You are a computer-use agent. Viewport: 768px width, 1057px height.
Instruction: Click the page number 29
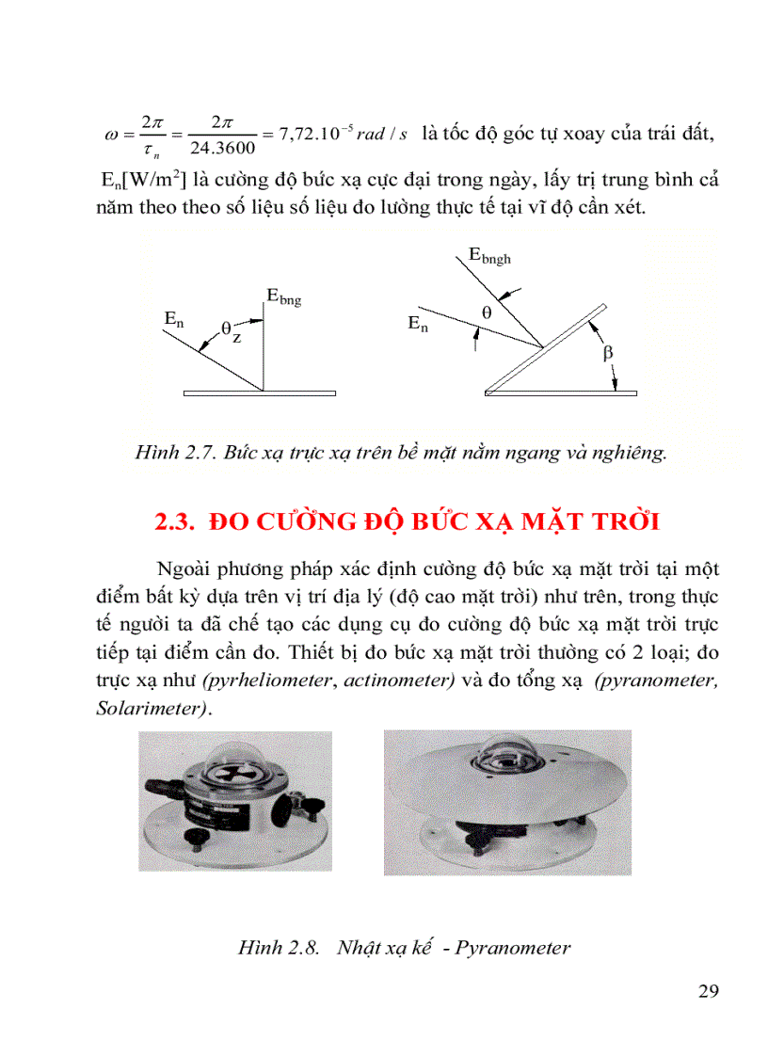(x=709, y=991)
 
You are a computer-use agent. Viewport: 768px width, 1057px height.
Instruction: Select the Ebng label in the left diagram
(x=283, y=298)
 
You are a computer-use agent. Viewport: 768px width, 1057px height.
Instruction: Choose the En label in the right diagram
(x=419, y=324)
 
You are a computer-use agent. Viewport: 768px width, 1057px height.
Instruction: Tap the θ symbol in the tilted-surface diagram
(x=486, y=310)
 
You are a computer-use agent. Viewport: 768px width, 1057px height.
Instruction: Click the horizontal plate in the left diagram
(x=261, y=392)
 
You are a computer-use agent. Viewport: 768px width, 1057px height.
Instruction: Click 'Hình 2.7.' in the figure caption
(x=175, y=453)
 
